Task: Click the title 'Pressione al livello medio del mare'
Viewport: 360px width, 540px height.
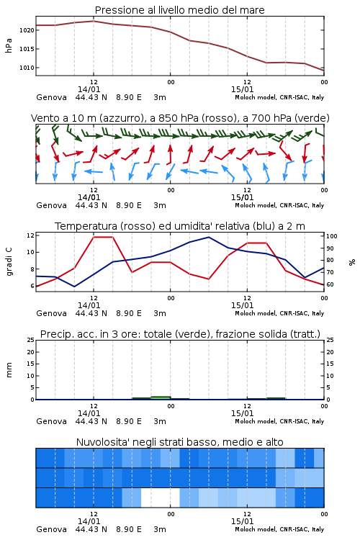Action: (179, 10)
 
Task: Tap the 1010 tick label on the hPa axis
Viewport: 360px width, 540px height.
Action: (27, 68)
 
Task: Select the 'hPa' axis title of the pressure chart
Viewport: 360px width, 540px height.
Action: (9, 45)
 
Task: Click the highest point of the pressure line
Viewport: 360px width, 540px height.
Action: (94, 21)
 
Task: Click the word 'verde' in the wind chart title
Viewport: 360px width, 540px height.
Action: (311, 118)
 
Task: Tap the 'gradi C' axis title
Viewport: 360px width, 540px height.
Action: (9, 261)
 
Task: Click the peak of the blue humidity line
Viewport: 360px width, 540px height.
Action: (208, 238)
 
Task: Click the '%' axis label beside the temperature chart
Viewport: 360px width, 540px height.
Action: (352, 262)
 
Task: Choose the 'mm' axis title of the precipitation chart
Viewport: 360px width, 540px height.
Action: (9, 370)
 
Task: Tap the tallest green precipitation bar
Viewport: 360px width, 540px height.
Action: (161, 397)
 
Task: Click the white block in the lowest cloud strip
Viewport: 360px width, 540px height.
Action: (160, 498)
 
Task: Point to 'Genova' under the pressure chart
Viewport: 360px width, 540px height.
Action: (51, 97)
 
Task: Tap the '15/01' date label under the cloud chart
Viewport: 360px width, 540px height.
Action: (242, 521)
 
